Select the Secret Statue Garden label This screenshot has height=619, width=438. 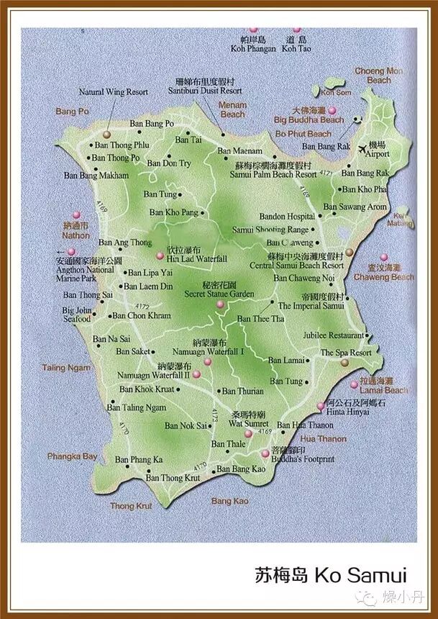click(219, 294)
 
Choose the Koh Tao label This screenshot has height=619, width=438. click(295, 49)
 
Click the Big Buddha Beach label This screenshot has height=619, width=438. click(309, 120)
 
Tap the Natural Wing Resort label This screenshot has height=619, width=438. click(113, 92)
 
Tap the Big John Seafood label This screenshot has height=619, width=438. click(77, 315)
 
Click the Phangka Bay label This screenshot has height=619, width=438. click(72, 456)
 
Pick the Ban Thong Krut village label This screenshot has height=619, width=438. click(173, 478)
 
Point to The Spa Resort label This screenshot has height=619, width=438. click(346, 353)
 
